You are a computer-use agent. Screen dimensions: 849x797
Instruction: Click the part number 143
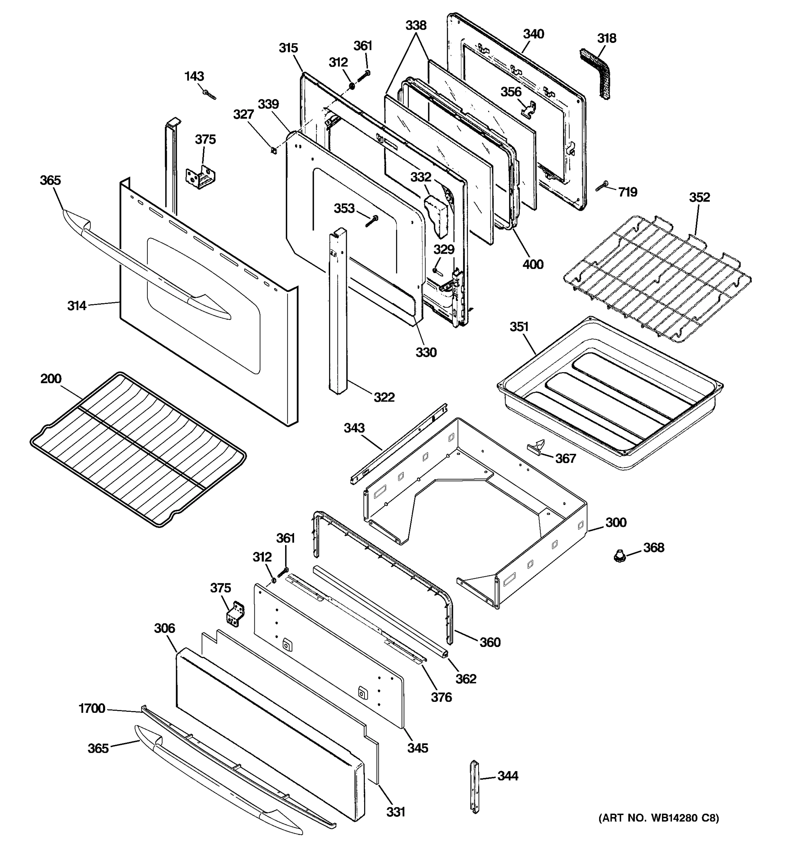click(194, 76)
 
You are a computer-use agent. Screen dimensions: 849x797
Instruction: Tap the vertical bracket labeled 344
click(475, 786)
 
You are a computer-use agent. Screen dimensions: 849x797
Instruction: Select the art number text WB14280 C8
click(658, 818)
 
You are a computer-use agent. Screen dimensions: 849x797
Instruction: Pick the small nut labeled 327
click(272, 150)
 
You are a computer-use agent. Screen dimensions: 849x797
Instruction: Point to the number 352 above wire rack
click(699, 197)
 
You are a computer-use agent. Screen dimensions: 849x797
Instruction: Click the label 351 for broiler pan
click(519, 327)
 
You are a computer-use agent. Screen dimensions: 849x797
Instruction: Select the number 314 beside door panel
click(77, 305)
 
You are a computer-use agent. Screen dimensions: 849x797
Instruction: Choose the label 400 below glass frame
click(533, 264)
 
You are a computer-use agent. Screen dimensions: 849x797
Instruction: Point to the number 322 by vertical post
click(384, 397)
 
